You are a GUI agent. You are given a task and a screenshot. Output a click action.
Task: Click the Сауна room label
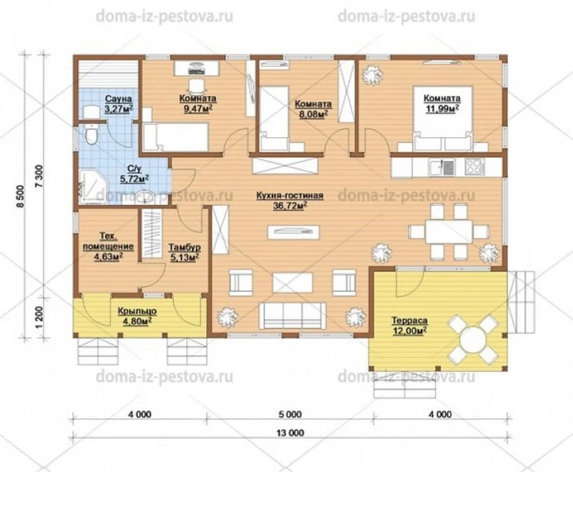(x=118, y=98)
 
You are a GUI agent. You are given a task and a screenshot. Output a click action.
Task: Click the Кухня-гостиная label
(x=290, y=196)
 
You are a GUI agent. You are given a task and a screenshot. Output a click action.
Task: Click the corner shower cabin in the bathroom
(x=92, y=185)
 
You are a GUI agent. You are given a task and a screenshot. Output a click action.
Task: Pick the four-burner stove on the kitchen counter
(x=474, y=167)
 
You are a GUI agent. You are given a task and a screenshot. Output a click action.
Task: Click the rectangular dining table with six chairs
(x=449, y=231)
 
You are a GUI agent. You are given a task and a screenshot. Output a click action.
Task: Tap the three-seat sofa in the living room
(x=292, y=316)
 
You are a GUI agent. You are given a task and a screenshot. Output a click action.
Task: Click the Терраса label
(x=409, y=321)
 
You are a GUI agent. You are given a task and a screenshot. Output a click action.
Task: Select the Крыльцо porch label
(x=137, y=312)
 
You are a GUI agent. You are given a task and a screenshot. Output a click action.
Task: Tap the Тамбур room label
(x=185, y=247)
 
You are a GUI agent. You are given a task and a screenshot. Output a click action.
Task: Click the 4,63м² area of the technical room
(x=108, y=257)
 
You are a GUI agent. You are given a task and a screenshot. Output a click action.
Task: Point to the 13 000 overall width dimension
(x=290, y=433)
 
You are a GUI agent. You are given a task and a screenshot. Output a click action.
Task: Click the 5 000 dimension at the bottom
(x=290, y=414)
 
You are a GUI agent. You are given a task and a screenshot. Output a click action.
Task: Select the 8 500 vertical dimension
(x=21, y=196)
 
